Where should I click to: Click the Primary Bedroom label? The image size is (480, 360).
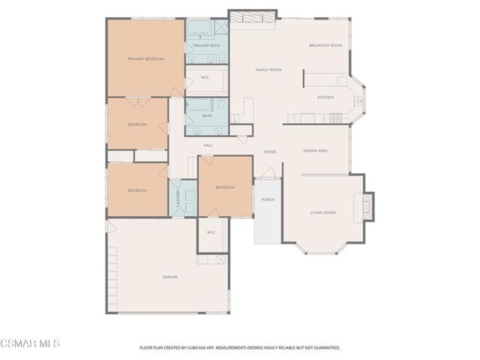pos(145,58)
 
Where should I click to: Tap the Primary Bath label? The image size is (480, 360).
pos(206,46)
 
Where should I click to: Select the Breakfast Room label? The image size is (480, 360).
pos(325,46)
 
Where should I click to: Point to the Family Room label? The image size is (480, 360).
pos(268,70)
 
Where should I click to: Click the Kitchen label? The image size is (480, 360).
pos(325,97)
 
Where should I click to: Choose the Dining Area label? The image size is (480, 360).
pos(315,151)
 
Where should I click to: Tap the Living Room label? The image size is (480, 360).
pos(323,213)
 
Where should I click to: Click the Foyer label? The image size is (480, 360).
pos(270,152)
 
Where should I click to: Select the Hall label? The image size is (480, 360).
pos(208,145)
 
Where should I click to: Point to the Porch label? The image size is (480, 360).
pos(267,200)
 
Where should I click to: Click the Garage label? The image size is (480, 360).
pos(170,277)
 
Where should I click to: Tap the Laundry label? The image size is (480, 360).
pos(178,197)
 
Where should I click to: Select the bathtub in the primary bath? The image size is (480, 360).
pos(199,28)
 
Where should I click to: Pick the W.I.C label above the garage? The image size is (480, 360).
pos(211,232)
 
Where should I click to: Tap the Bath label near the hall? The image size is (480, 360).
pos(207,115)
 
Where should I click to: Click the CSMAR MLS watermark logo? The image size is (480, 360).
pos(30,343)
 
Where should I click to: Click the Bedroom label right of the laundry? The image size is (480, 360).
pos(225,187)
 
